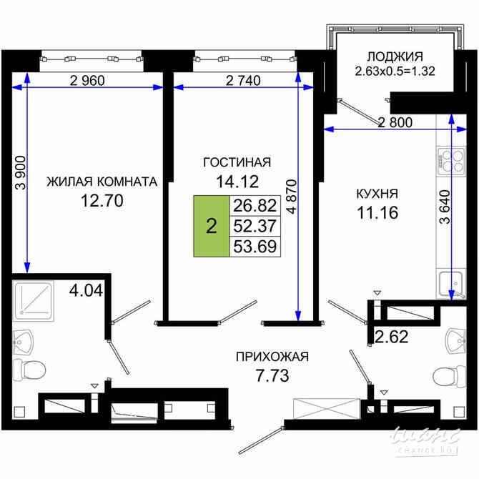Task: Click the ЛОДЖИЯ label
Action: (x=395, y=56)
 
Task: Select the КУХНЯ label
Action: (x=377, y=193)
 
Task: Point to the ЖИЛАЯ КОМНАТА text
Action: (x=102, y=182)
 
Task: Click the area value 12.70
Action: (x=102, y=201)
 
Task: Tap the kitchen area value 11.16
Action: (x=377, y=212)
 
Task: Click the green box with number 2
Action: (x=211, y=226)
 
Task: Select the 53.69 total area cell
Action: (x=254, y=247)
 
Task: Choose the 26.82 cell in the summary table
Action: (x=254, y=206)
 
